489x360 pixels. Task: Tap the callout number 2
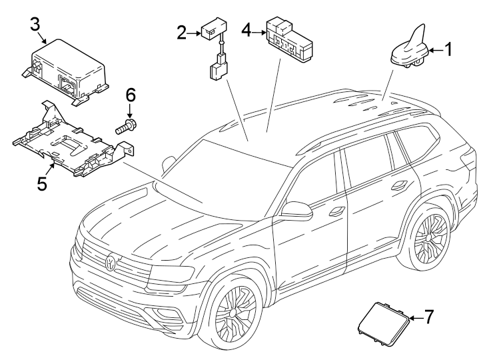[x=181, y=31]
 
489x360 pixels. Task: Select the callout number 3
[x=35, y=24]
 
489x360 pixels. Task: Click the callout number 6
[x=131, y=96]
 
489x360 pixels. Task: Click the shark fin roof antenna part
[x=408, y=50]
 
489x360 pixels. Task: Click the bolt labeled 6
[x=127, y=125]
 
